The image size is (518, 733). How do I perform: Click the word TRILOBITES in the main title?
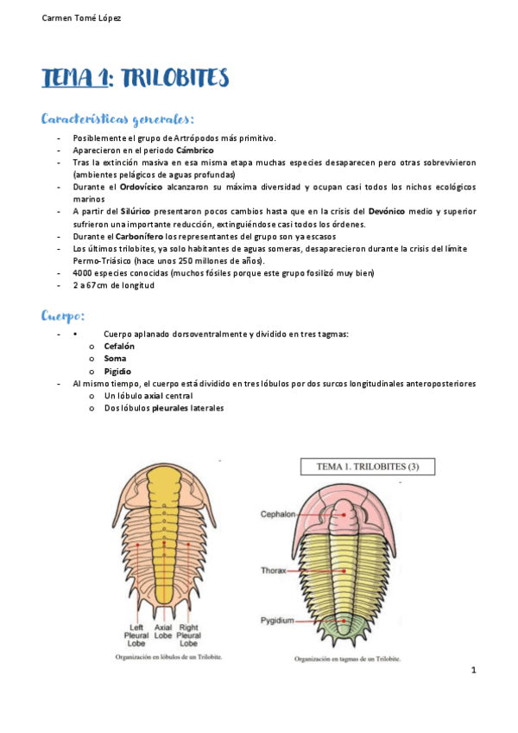(x=173, y=80)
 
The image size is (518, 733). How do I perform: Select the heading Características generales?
(x=117, y=118)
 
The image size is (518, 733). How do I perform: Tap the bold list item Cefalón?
(x=119, y=347)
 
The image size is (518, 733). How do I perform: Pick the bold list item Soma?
(x=115, y=359)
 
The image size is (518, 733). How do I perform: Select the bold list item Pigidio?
(x=118, y=372)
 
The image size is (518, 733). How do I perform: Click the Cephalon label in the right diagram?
(x=278, y=513)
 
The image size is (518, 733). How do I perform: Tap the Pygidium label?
(x=278, y=621)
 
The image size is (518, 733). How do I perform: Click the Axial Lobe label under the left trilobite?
(x=163, y=635)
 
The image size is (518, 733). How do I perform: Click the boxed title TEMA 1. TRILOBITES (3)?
(x=367, y=468)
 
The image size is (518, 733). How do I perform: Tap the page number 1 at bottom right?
(x=474, y=671)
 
